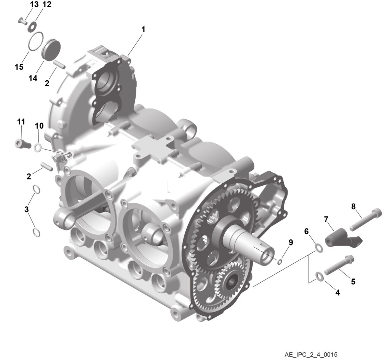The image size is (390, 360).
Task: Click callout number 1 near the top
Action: [x=143, y=30]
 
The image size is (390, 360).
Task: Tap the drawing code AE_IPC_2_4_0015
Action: [x=311, y=354]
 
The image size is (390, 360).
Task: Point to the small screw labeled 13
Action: [x=22, y=21]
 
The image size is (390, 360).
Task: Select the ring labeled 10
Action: [x=38, y=148]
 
